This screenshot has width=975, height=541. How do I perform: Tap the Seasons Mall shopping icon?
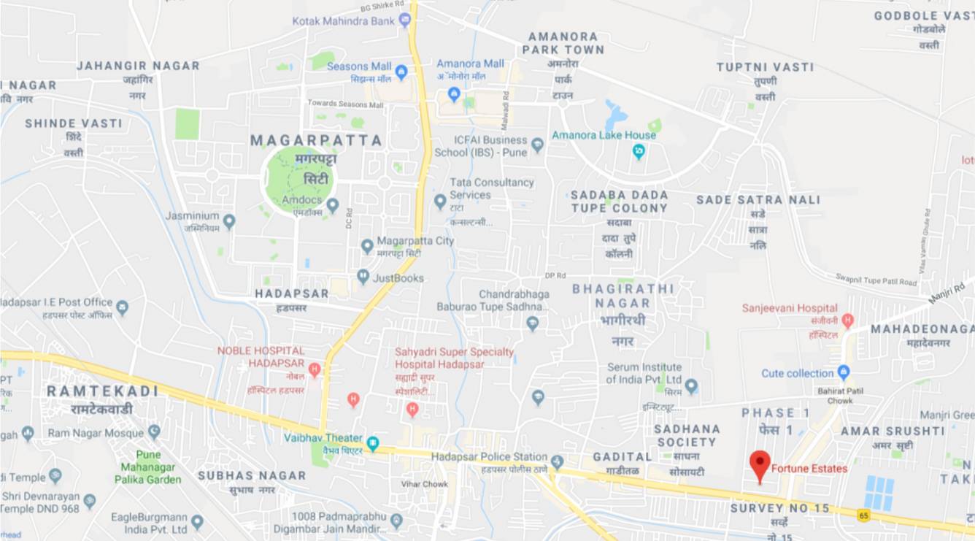pyautogui.click(x=401, y=72)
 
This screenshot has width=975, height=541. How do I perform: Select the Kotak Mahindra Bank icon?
pyautogui.click(x=405, y=21)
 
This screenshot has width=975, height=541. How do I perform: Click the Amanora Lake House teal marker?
pyautogui.click(x=639, y=151)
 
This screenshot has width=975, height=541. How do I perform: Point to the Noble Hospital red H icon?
pyautogui.click(x=315, y=369)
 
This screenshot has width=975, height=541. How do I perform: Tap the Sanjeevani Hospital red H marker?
pyautogui.click(x=847, y=321)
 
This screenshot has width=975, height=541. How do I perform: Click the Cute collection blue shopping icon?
pyautogui.click(x=844, y=372)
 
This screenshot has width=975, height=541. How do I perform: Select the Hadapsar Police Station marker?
pyautogui.click(x=558, y=461)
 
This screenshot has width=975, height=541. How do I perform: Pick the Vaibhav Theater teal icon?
pyautogui.click(x=373, y=442)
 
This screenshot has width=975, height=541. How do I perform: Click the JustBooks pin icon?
pyautogui.click(x=363, y=277)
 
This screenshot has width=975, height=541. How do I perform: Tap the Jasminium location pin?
pyautogui.click(x=229, y=220)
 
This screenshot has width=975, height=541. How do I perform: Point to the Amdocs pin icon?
pyautogui.click(x=332, y=206)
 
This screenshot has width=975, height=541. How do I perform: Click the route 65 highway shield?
pyautogui.click(x=864, y=515)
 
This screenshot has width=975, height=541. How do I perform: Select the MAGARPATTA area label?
pyautogui.click(x=316, y=140)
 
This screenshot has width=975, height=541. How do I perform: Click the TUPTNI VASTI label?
pyautogui.click(x=765, y=67)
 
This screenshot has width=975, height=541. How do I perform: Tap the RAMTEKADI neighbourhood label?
pyautogui.click(x=102, y=391)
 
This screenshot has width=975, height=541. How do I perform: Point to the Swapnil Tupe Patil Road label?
pyautogui.click(x=876, y=280)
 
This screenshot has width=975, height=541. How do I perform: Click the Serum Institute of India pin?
pyautogui.click(x=691, y=385)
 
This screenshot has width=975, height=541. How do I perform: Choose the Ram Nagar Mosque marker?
pyautogui.click(x=154, y=431)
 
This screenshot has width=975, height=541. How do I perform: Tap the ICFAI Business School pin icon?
pyautogui.click(x=538, y=145)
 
